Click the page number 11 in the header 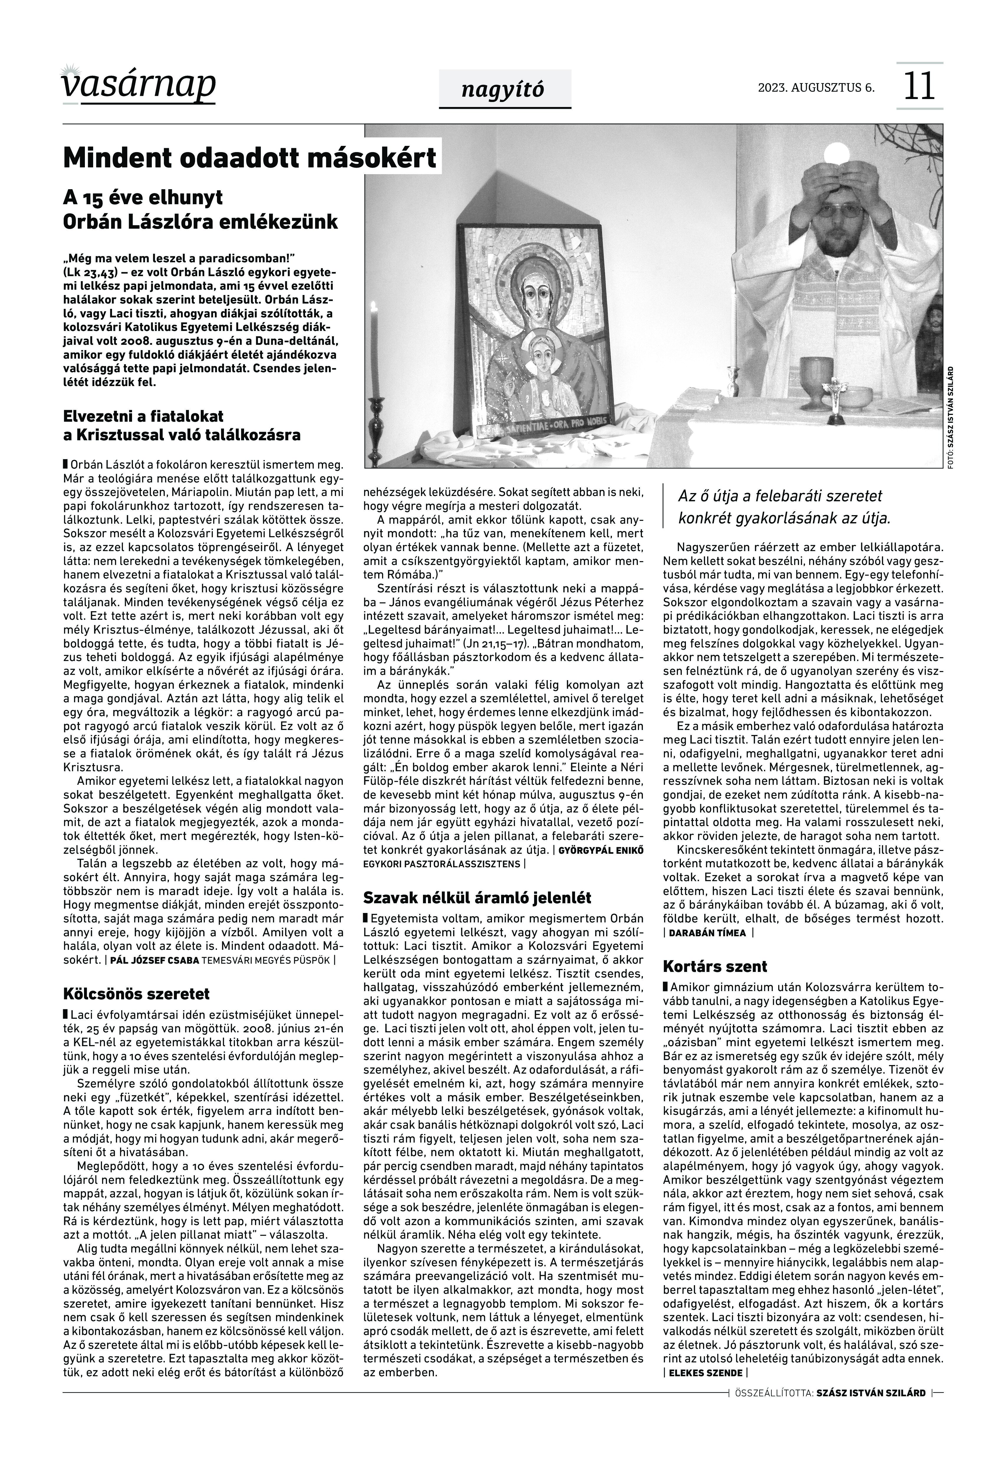(x=919, y=87)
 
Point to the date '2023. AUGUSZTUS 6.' (x=816, y=88)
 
